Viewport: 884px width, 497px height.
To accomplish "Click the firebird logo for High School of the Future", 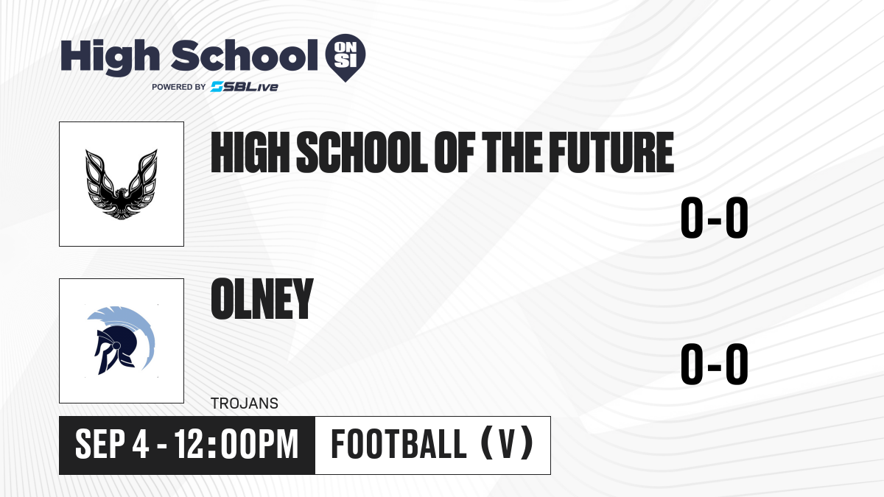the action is coord(122,184).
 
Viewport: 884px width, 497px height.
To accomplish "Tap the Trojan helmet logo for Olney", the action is coord(121,340).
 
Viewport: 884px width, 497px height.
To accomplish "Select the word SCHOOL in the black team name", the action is coord(362,152).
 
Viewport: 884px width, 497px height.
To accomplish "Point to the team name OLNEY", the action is coord(262,299).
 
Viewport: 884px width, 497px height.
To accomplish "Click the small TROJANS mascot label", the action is coord(245,403).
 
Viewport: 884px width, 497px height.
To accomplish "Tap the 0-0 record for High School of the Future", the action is coord(715,217).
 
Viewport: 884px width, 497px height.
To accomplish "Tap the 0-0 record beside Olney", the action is coord(715,364).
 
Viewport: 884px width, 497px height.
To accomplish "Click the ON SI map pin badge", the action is coord(345,57).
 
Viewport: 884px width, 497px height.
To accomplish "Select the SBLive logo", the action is coord(245,87).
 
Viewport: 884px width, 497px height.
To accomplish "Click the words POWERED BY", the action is coord(179,87).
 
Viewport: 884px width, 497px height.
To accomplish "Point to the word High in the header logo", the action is coord(110,57).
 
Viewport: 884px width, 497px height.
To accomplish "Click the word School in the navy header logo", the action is coord(245,55).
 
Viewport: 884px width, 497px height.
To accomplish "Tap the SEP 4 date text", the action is coord(112,444).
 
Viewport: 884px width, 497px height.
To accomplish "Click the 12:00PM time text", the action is coord(236,444).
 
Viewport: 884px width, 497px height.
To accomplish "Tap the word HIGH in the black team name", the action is coord(250,152).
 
